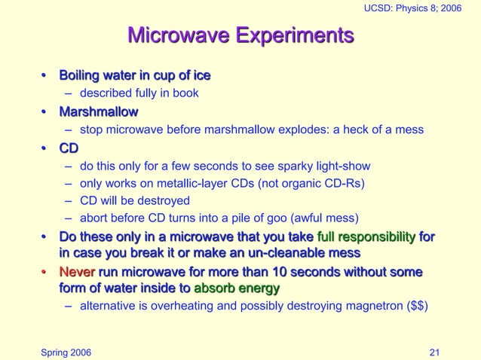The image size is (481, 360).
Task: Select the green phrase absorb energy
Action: coord(237,288)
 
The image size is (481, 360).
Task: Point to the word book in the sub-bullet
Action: coord(185,94)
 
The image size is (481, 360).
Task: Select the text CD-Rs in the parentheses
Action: coord(344,183)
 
